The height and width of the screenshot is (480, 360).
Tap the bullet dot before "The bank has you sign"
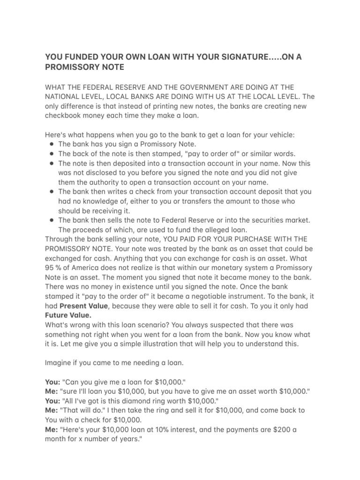(51, 144)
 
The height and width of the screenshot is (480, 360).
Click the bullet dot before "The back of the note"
(51, 154)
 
